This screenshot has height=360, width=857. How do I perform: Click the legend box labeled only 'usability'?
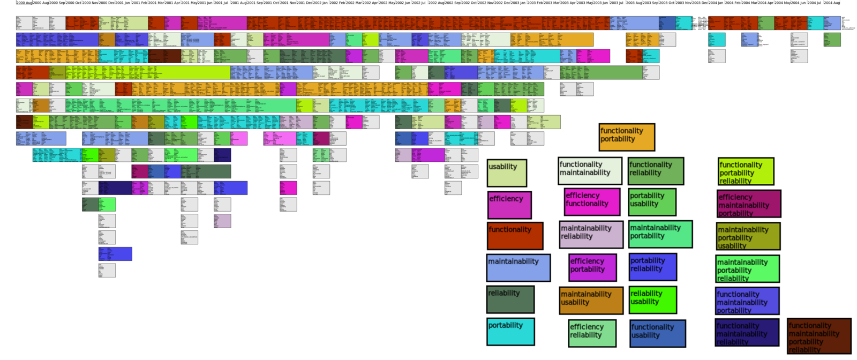click(x=507, y=173)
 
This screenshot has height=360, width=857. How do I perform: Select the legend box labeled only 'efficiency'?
click(x=509, y=205)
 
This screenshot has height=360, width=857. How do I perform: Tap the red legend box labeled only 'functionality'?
click(x=515, y=236)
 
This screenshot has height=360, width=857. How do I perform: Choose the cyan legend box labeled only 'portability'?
click(x=510, y=332)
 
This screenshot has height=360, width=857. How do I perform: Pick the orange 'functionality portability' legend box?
click(x=627, y=137)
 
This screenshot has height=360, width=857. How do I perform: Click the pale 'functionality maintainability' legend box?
click(x=590, y=171)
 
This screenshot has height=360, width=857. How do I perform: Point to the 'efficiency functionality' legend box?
click(x=592, y=201)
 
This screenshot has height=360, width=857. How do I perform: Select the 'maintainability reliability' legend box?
click(x=591, y=234)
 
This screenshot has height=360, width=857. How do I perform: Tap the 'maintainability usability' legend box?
click(x=591, y=301)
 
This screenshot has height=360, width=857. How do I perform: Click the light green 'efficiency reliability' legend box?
click(x=592, y=333)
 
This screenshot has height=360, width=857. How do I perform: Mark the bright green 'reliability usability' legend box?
click(x=652, y=300)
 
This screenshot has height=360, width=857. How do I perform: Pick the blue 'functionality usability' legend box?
click(x=657, y=333)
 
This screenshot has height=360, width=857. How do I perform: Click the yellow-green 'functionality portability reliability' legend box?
click(x=746, y=171)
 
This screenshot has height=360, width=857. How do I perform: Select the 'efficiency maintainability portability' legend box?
click(x=748, y=204)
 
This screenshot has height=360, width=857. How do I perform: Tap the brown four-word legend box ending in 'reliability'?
click(x=819, y=336)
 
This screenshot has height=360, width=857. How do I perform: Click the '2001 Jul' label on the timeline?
click(x=221, y=3)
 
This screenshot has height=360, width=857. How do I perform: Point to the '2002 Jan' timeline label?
click(x=320, y=3)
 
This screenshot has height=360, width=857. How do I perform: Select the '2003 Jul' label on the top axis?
click(x=617, y=3)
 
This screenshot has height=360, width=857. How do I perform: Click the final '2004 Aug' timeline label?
click(x=832, y=3)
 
